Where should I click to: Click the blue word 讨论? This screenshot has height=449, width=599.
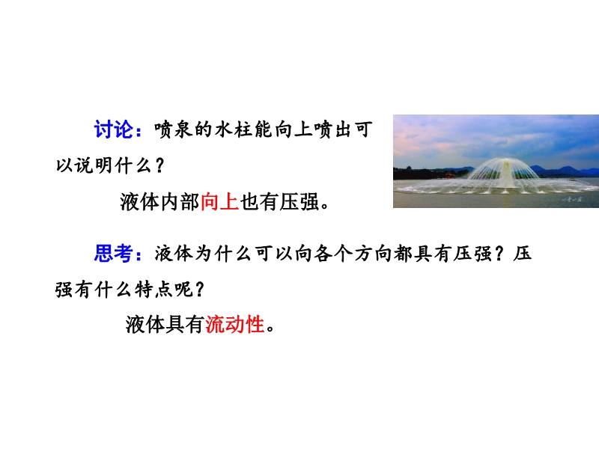tap(114, 129)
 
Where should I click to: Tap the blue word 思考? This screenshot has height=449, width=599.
tap(113, 253)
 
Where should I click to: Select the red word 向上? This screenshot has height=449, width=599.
tap(219, 202)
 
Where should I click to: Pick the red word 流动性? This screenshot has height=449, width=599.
tap(235, 325)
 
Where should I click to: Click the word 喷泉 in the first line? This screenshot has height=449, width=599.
tap(173, 129)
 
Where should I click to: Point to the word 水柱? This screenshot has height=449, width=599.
tap(233, 129)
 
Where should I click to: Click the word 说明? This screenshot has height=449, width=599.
tap(93, 165)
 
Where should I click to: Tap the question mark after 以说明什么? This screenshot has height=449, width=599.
tap(160, 165)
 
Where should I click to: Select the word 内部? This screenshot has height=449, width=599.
tap(180, 202)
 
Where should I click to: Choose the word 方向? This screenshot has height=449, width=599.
tap(372, 254)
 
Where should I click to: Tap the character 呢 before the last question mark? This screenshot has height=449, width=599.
tap(183, 290)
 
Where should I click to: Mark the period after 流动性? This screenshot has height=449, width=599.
tap(270, 329)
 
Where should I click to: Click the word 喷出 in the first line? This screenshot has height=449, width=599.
tap(332, 129)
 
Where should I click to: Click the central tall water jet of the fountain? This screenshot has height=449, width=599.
tap(506, 174)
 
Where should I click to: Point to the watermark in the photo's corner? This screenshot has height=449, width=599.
tap(572, 199)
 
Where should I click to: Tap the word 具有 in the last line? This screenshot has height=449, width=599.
tap(185, 325)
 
